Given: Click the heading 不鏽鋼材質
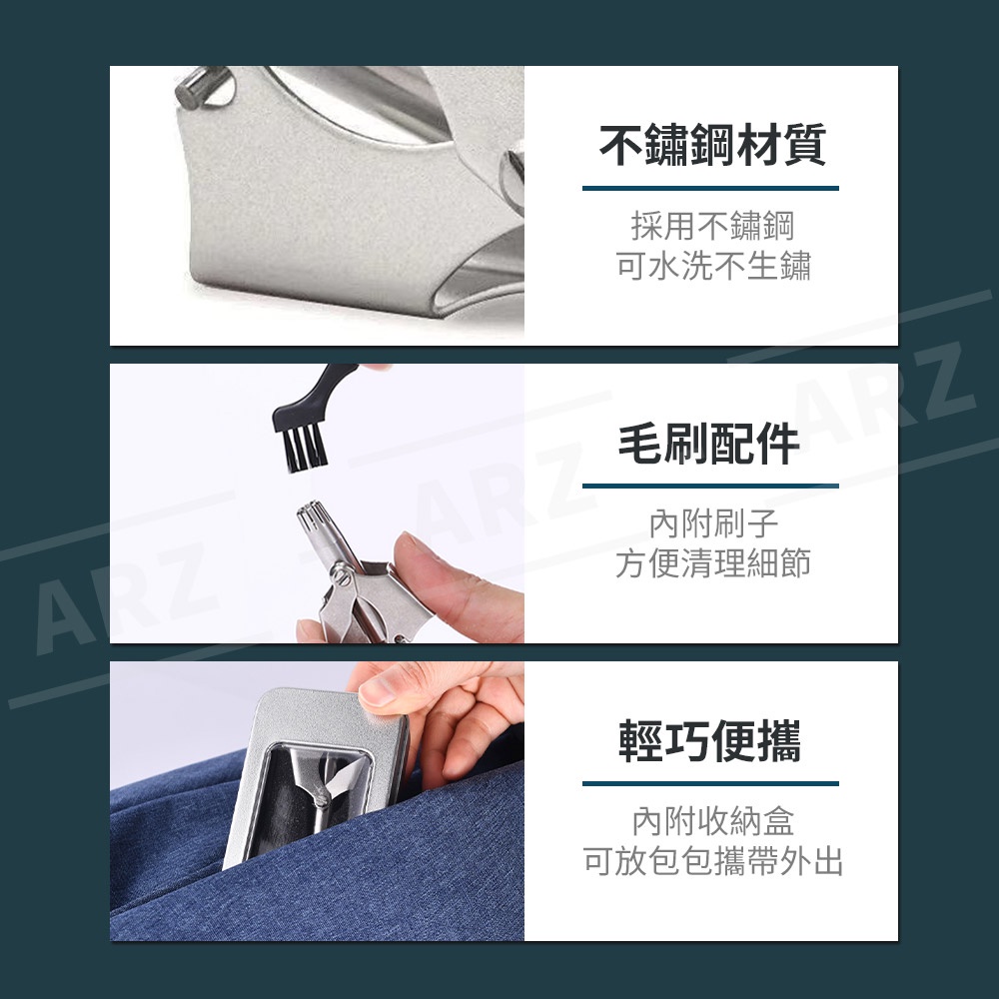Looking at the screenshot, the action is pyautogui.click(x=712, y=145).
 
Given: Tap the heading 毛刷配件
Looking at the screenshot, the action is pyautogui.click(x=709, y=445).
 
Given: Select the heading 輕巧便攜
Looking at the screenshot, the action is pyautogui.click(x=709, y=741).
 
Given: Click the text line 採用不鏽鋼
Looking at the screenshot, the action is pyautogui.click(x=712, y=226).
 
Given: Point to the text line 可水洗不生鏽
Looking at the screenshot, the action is pyautogui.click(x=712, y=265).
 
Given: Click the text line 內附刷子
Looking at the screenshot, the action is pyautogui.click(x=713, y=523).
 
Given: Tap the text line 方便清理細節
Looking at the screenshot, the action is pyautogui.click(x=712, y=563).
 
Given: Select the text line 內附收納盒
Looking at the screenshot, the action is pyautogui.click(x=713, y=821).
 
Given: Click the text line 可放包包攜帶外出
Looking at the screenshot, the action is pyautogui.click(x=713, y=861).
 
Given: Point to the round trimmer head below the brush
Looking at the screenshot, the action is pyautogui.click(x=315, y=521).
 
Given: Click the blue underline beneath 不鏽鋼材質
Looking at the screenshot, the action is pyautogui.click(x=710, y=188).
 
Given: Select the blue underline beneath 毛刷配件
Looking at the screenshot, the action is pyautogui.click(x=710, y=486).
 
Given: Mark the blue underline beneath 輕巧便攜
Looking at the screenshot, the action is pyautogui.click(x=710, y=783).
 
